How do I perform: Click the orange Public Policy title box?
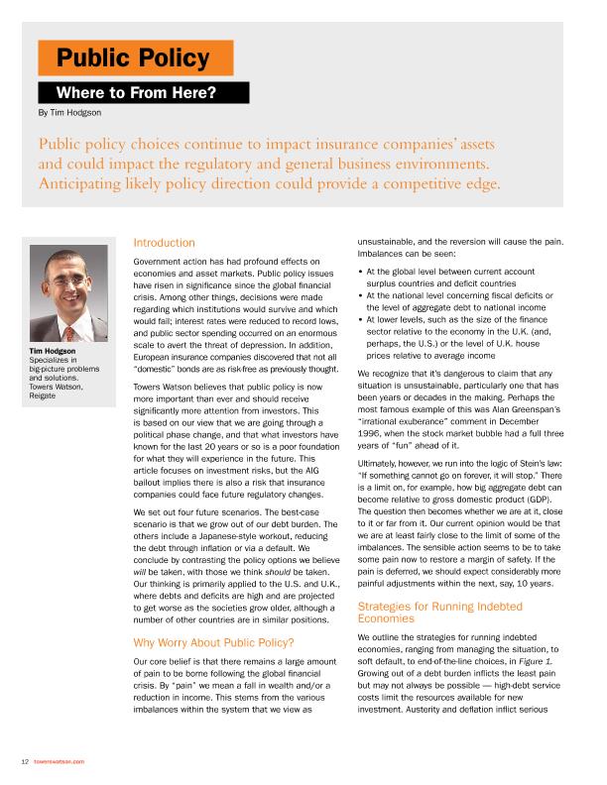(135, 58)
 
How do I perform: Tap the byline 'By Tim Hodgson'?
(69, 113)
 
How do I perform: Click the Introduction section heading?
(164, 243)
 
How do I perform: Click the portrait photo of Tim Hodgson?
(69, 293)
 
